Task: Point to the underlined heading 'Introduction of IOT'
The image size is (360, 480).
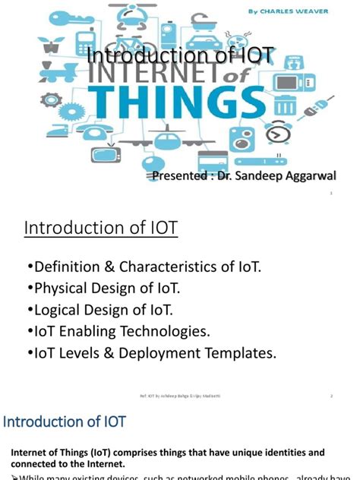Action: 101,227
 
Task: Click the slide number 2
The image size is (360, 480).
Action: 332,396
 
